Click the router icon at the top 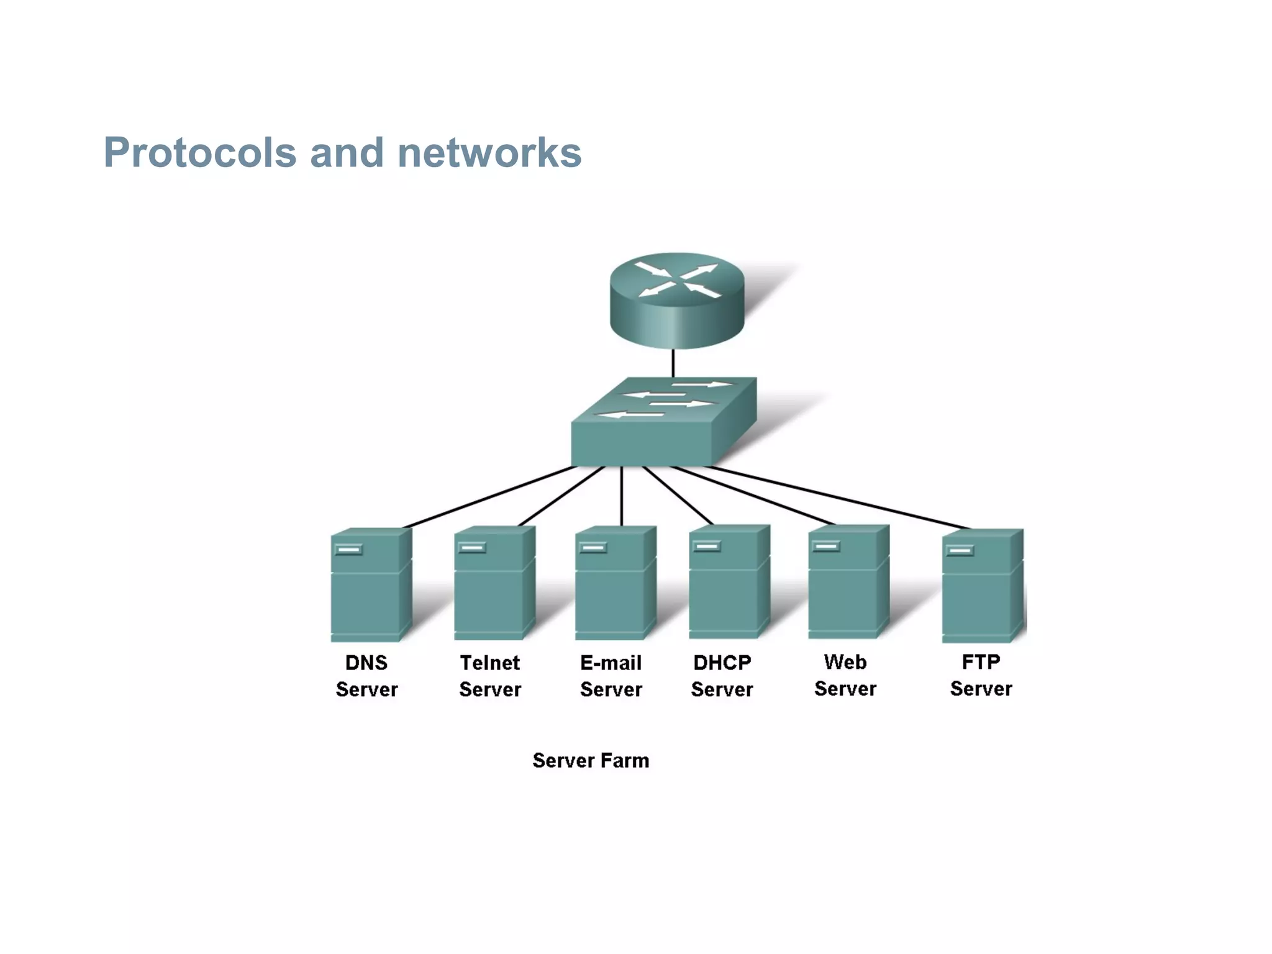(x=676, y=301)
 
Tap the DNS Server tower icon (x=370, y=585)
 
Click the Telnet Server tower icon (x=494, y=584)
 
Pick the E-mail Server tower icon (x=615, y=584)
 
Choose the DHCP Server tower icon (x=729, y=583)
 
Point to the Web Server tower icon (x=848, y=583)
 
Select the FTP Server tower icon (x=982, y=586)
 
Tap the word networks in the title (x=489, y=153)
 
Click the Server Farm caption (x=591, y=760)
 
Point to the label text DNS (x=366, y=663)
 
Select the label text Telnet (x=489, y=663)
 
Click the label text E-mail (x=611, y=663)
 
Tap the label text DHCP (x=722, y=663)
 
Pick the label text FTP (x=981, y=662)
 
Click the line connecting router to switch (x=673, y=363)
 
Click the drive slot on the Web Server (x=827, y=547)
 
